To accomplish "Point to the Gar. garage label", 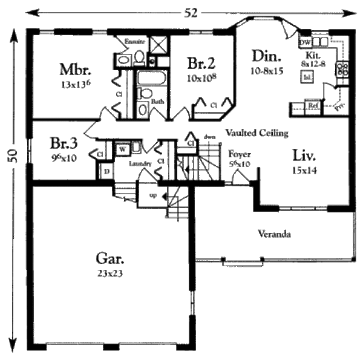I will tap(110, 259).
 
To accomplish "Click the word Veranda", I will tap(271, 233).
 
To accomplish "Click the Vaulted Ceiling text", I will tap(257, 133).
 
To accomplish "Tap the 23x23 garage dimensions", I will tap(110, 273).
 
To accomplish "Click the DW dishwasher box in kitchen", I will tap(304, 42).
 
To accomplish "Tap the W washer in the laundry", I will tap(122, 148).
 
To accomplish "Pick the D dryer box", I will tap(106, 172).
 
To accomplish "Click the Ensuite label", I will tap(134, 42).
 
